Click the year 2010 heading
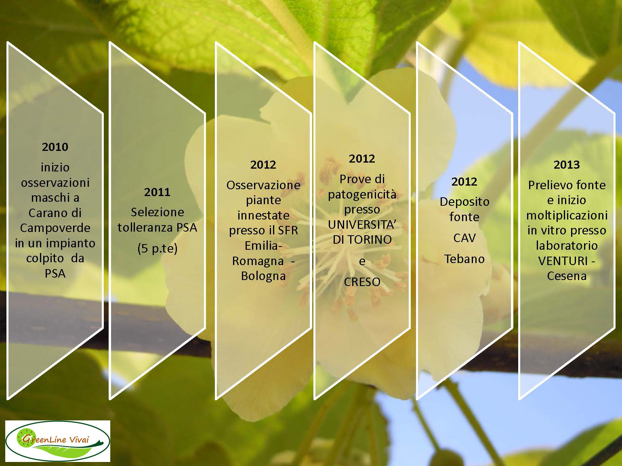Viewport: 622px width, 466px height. pos(55,147)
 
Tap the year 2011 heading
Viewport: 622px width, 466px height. pos(157,192)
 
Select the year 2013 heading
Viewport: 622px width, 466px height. pos(567,165)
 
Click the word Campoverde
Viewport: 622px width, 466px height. pos(55,228)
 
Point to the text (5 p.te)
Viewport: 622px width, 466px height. pos(157,249)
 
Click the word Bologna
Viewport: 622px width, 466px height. pos(263,276)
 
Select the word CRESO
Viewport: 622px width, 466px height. pos(362,282)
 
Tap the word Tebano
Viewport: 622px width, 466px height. pos(464,259)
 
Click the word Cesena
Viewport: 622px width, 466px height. pos(567,276)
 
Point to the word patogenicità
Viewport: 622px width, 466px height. pos(362,194)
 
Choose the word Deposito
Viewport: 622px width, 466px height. pos(464,202)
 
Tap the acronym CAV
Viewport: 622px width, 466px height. pos(464,238)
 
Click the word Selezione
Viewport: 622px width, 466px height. pos(157,212)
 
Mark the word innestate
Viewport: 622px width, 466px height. pos(263,215)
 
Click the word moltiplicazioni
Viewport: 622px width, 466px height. pos(567,215)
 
